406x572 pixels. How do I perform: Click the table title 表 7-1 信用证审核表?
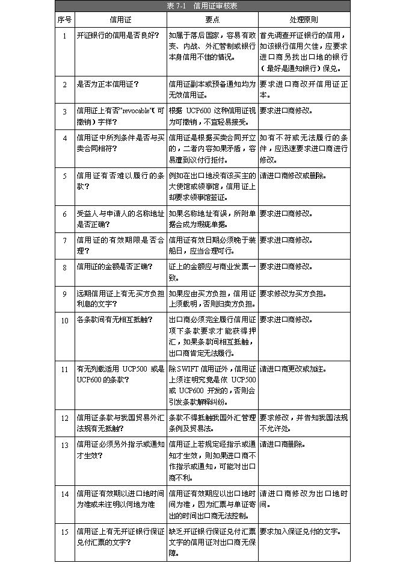point(202,6)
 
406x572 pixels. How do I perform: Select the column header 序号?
point(64,20)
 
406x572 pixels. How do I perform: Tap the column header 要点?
point(212,20)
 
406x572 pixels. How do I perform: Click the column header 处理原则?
point(304,20)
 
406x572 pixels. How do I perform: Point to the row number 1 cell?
point(64,36)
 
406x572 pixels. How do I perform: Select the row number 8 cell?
point(64,267)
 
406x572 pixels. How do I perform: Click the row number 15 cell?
point(64,532)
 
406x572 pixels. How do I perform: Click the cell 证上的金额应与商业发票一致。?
point(212,272)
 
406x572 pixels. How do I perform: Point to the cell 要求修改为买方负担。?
point(293,294)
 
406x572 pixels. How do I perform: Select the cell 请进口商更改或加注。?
point(291,368)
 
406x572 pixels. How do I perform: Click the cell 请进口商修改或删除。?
point(291,176)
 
